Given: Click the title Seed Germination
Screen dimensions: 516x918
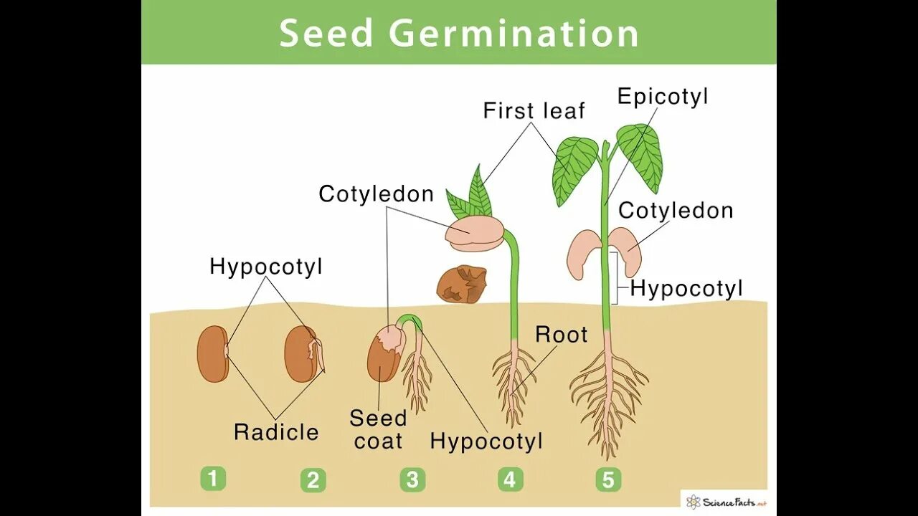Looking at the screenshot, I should (x=458, y=34).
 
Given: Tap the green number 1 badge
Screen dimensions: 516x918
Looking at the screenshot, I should (x=213, y=478).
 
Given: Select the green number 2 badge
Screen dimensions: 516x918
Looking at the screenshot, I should (x=313, y=479).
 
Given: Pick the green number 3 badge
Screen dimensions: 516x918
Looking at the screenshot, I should (x=412, y=479).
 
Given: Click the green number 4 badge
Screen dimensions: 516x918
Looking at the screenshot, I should (x=509, y=479).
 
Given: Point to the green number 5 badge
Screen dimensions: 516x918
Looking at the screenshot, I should (x=608, y=479).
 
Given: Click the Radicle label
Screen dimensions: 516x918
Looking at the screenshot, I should (x=276, y=432).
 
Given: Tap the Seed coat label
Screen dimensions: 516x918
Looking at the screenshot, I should (x=378, y=429).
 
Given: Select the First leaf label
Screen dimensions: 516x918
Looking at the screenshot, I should (x=534, y=111).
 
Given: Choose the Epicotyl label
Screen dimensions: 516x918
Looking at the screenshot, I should (x=663, y=97).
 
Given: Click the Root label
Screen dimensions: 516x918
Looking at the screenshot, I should (x=561, y=335).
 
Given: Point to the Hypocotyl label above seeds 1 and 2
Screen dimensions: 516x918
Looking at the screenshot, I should (x=266, y=267).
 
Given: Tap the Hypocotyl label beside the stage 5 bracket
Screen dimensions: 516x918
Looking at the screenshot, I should (x=686, y=289).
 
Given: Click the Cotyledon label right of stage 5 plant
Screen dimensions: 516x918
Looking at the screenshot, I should (x=676, y=211).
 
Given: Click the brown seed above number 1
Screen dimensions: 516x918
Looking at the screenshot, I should (x=212, y=353).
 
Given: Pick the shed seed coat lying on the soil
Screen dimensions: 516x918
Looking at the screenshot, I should (x=462, y=284).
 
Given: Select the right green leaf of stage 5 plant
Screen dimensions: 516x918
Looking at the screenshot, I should (x=641, y=154).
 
